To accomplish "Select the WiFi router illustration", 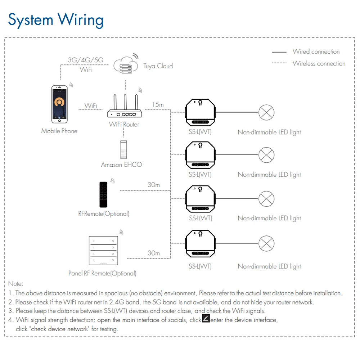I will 125,107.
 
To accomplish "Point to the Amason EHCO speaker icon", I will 123,149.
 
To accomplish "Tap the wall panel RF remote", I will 103,251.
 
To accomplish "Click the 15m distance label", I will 157,105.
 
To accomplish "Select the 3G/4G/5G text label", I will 86,60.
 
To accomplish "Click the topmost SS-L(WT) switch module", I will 200,112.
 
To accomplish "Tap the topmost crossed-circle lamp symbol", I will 266,112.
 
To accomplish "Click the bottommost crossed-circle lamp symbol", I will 266,243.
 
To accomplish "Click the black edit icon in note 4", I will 206,318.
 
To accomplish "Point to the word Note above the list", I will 15,284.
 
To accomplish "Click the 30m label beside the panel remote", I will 154,253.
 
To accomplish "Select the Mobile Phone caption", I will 59,131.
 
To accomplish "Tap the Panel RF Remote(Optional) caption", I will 102,274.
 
